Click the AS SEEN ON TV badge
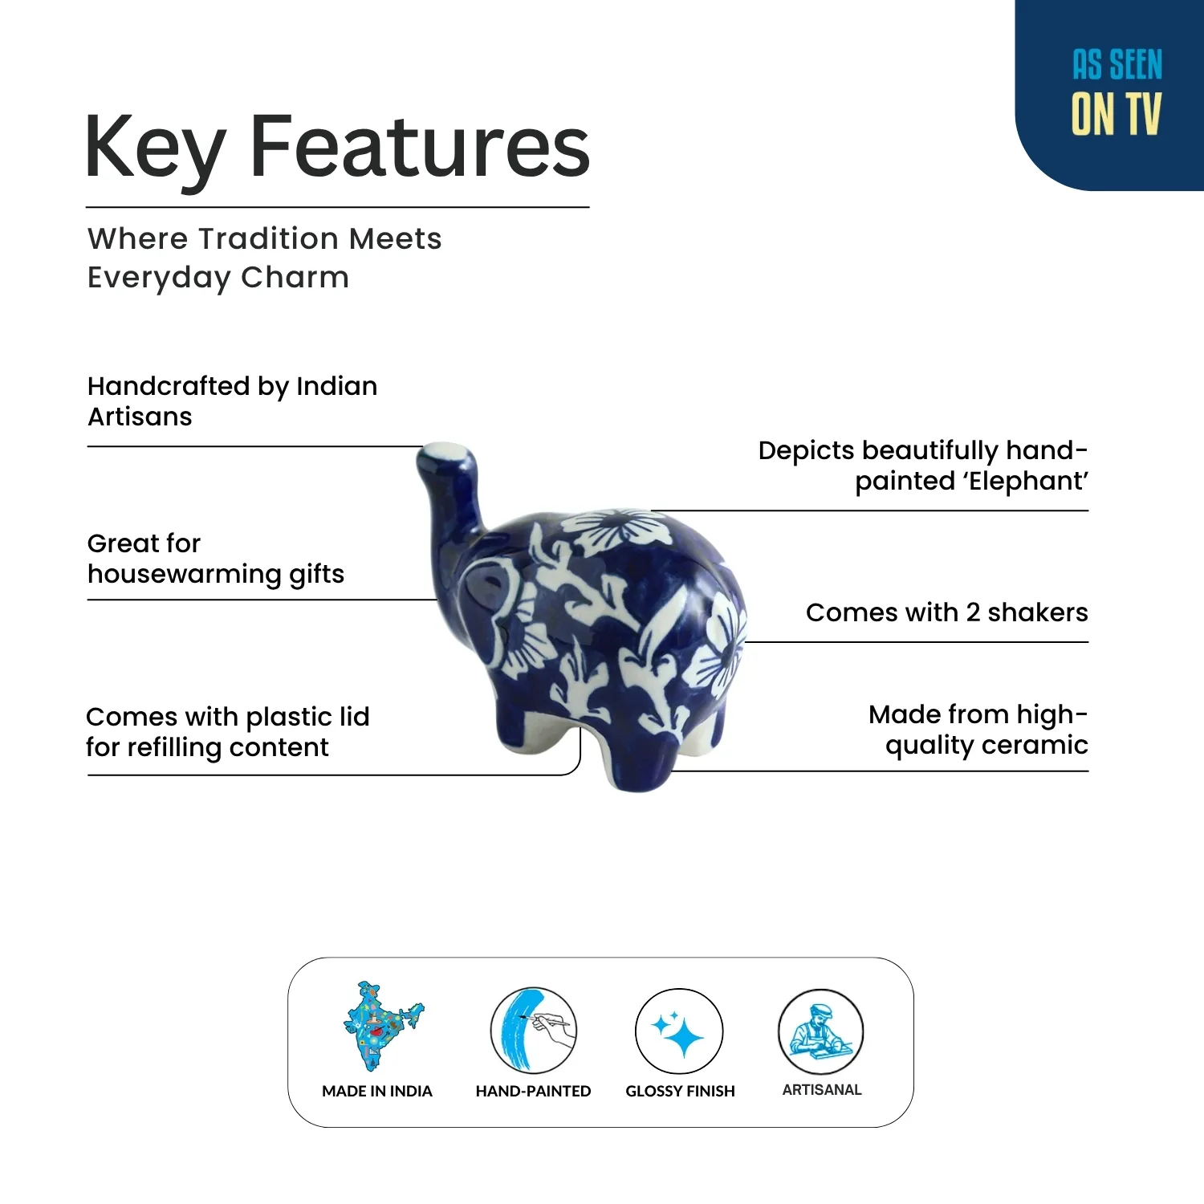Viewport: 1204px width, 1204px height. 1116,92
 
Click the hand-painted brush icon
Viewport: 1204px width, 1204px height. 532,1030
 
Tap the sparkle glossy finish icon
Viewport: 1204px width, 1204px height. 679,1031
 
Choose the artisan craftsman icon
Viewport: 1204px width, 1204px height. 820,1031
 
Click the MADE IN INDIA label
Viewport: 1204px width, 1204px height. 376,1092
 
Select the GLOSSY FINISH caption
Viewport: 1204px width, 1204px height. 680,1092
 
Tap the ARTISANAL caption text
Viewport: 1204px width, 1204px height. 821,1090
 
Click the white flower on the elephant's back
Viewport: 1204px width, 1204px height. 616,529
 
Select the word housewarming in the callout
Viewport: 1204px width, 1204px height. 184,575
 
